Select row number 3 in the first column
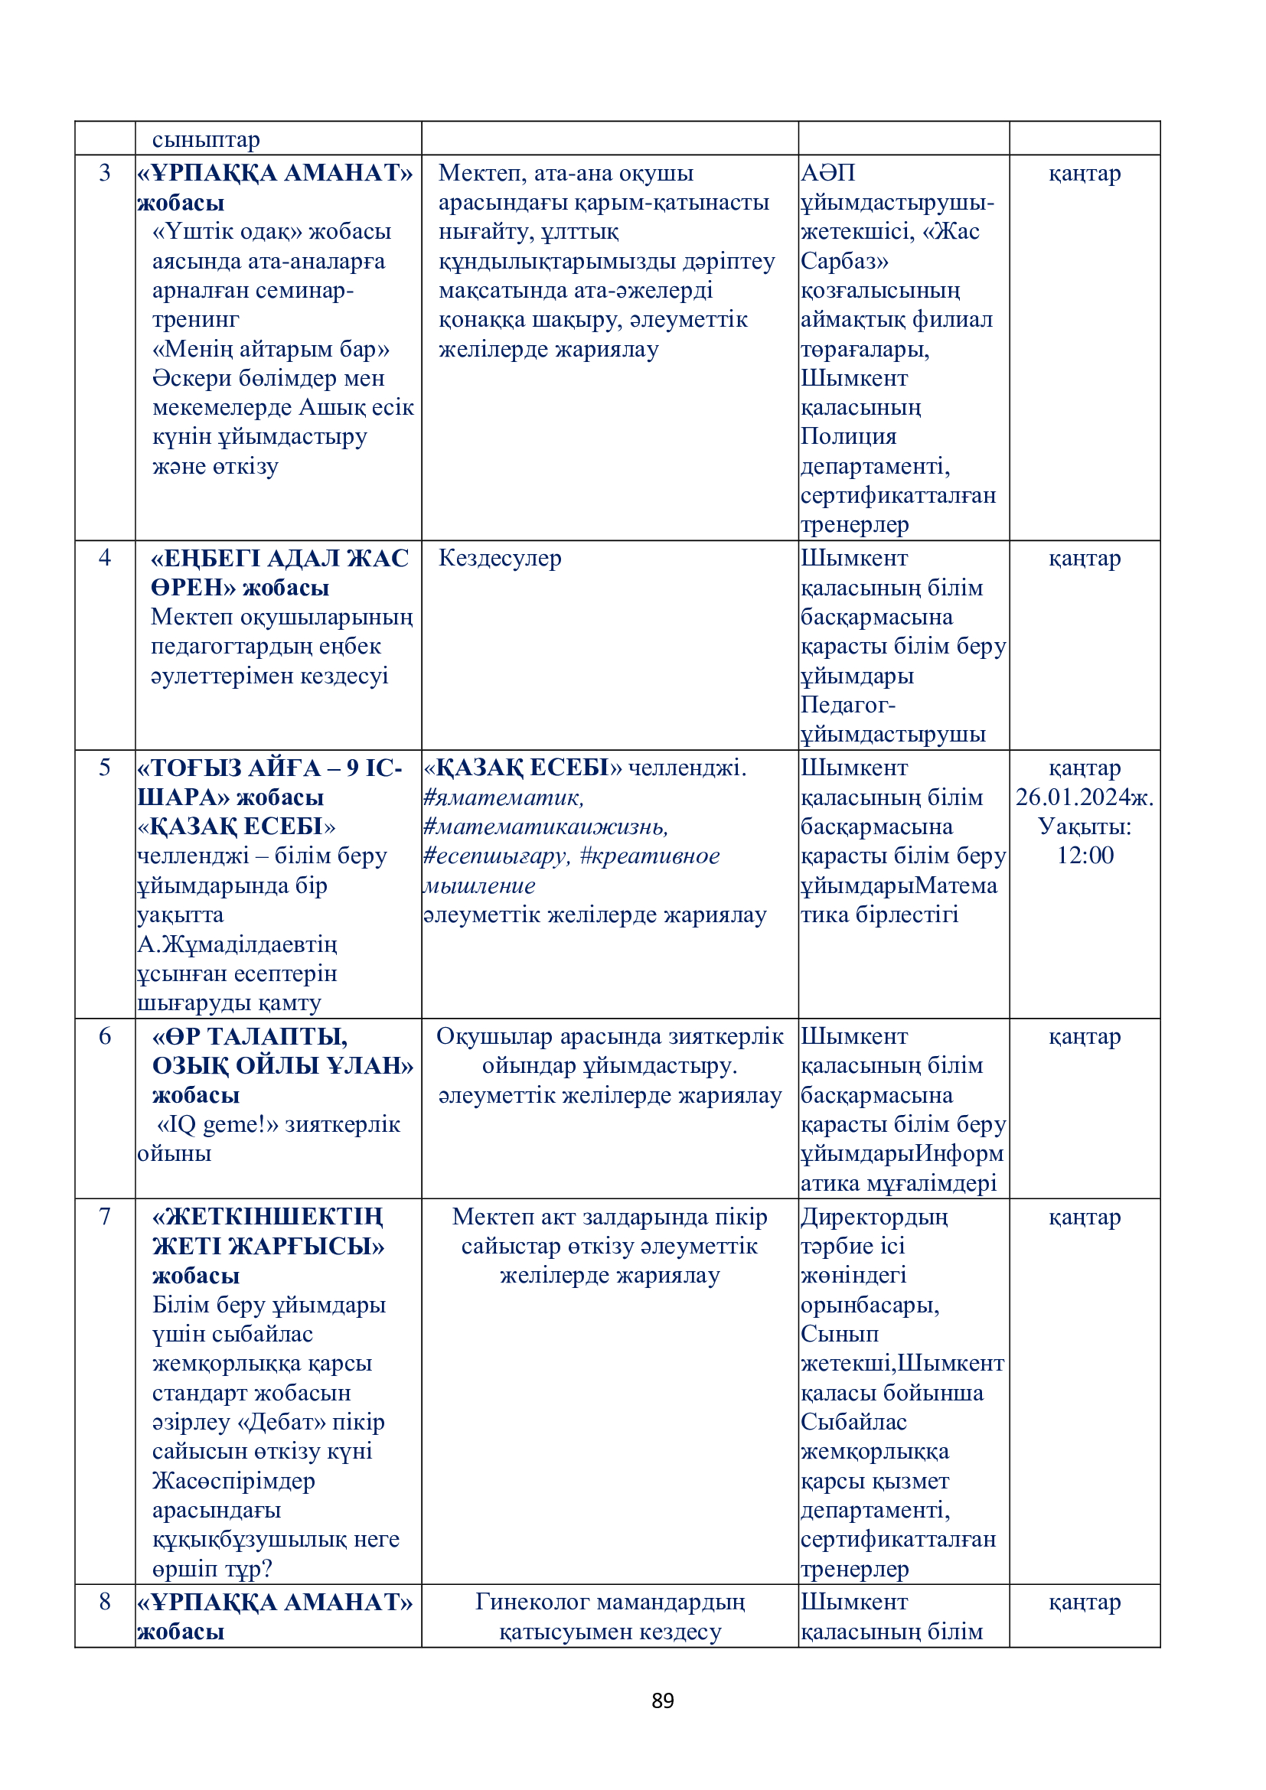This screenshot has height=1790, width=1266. [x=104, y=172]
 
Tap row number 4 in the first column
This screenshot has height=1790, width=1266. [x=104, y=557]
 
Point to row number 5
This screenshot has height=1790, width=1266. [x=104, y=767]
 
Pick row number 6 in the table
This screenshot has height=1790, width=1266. [x=104, y=1036]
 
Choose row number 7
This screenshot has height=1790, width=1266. [x=104, y=1216]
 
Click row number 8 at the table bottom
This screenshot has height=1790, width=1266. [x=104, y=1602]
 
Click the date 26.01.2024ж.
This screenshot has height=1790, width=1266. [x=1085, y=797]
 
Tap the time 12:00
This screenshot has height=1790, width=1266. [x=1085, y=856]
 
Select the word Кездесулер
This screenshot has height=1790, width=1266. [x=500, y=558]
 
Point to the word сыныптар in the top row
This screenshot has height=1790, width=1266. [x=206, y=139]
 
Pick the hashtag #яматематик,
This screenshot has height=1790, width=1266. [x=504, y=797]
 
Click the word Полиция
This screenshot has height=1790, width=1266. [x=848, y=436]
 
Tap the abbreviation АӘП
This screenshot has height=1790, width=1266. [x=828, y=172]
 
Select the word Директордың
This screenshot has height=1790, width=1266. [x=874, y=1217]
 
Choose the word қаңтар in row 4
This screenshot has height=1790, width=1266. [x=1085, y=558]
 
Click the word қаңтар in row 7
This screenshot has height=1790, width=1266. [x=1085, y=1217]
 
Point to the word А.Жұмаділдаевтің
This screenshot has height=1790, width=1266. [x=237, y=944]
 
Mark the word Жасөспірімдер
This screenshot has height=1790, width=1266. [x=234, y=1481]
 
